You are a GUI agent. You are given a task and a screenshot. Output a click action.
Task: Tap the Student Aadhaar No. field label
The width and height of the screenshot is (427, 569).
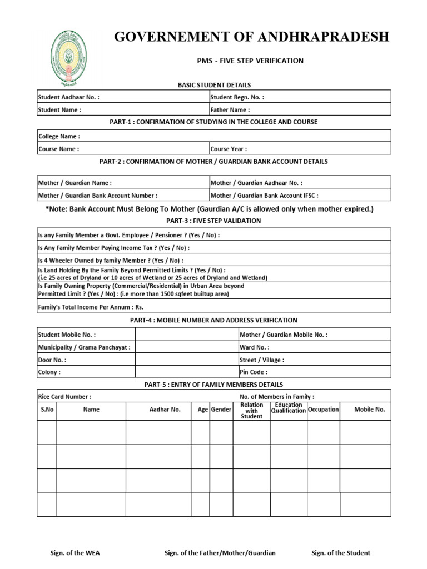68,97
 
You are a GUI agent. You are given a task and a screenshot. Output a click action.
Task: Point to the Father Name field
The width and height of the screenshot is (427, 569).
230,110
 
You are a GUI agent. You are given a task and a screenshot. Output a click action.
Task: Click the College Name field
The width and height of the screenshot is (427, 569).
59,136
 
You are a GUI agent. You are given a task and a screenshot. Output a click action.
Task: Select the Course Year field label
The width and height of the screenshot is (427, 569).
229,149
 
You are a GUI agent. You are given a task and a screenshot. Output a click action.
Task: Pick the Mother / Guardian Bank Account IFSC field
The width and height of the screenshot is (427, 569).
264,196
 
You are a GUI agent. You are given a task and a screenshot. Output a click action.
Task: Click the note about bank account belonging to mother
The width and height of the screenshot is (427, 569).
209,209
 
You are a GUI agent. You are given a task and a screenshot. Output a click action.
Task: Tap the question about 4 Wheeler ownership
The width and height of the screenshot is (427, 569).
110,260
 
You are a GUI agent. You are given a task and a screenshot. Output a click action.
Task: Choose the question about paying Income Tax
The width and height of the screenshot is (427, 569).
113,248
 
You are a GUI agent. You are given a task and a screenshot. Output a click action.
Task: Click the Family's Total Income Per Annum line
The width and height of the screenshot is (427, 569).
87,306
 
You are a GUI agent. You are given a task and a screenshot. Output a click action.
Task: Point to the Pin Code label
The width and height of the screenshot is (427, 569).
253,372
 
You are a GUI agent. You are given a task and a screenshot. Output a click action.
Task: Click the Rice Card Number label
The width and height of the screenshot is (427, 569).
64,397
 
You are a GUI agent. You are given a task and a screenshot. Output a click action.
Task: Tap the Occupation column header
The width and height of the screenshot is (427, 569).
323,410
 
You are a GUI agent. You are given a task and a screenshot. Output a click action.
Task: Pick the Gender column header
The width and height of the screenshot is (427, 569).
221,410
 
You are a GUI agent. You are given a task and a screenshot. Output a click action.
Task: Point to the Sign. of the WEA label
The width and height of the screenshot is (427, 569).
75,553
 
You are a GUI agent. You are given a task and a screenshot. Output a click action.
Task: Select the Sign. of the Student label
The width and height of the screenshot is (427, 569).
341,553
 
